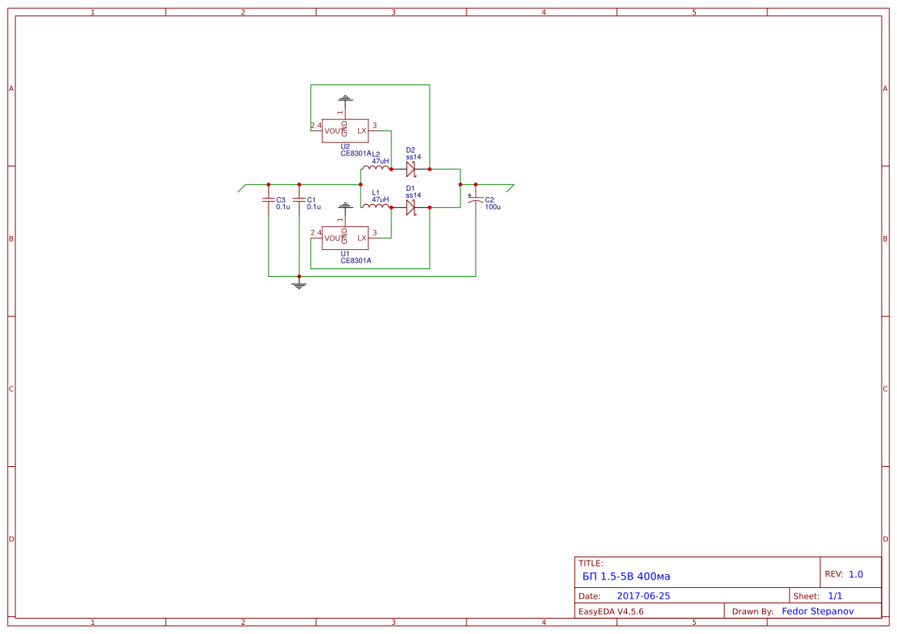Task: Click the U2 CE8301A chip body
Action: tap(345, 131)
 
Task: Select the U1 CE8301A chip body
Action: tap(345, 238)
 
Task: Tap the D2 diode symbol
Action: tap(411, 169)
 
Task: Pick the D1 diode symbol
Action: tap(411, 208)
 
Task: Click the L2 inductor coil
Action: tap(376, 167)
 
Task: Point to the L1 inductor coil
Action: tap(376, 205)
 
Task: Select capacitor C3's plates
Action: tap(269, 200)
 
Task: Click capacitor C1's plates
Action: tap(298, 200)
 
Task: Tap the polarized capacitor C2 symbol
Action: tap(475, 200)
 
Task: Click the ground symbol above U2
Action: tap(345, 99)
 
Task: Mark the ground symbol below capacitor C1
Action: tap(298, 284)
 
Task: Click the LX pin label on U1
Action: tap(361, 238)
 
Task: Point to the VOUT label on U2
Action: tap(335, 132)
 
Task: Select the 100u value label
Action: tap(493, 207)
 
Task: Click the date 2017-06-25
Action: tap(643, 596)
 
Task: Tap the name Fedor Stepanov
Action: tap(817, 611)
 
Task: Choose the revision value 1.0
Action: tap(856, 574)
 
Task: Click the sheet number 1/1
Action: tap(835, 596)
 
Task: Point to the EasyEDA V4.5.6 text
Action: tap(610, 611)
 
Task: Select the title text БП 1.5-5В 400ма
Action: tap(626, 577)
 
